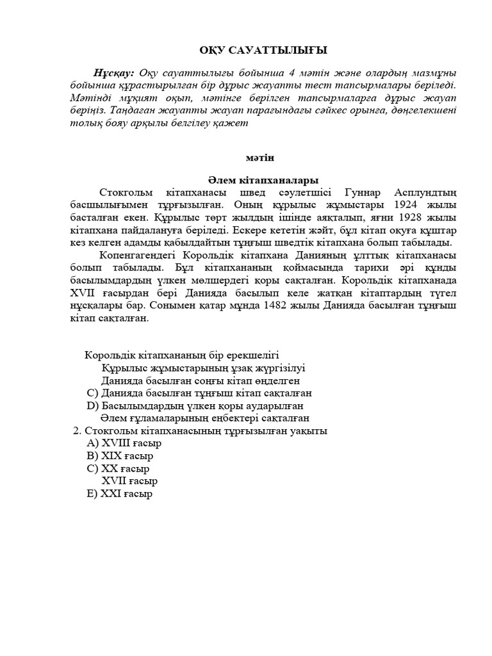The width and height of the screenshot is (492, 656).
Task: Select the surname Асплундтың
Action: click(422, 193)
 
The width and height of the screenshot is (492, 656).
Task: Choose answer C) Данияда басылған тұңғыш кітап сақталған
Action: click(199, 393)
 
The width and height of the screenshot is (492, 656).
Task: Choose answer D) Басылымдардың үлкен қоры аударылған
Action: click(194, 406)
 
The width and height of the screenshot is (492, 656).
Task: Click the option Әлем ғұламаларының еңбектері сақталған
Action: click(201, 418)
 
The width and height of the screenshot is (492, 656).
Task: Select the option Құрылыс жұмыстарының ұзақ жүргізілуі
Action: click(203, 368)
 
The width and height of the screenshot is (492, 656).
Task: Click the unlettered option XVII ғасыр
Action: click(129, 480)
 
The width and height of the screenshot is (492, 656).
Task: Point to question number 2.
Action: click(78, 431)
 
